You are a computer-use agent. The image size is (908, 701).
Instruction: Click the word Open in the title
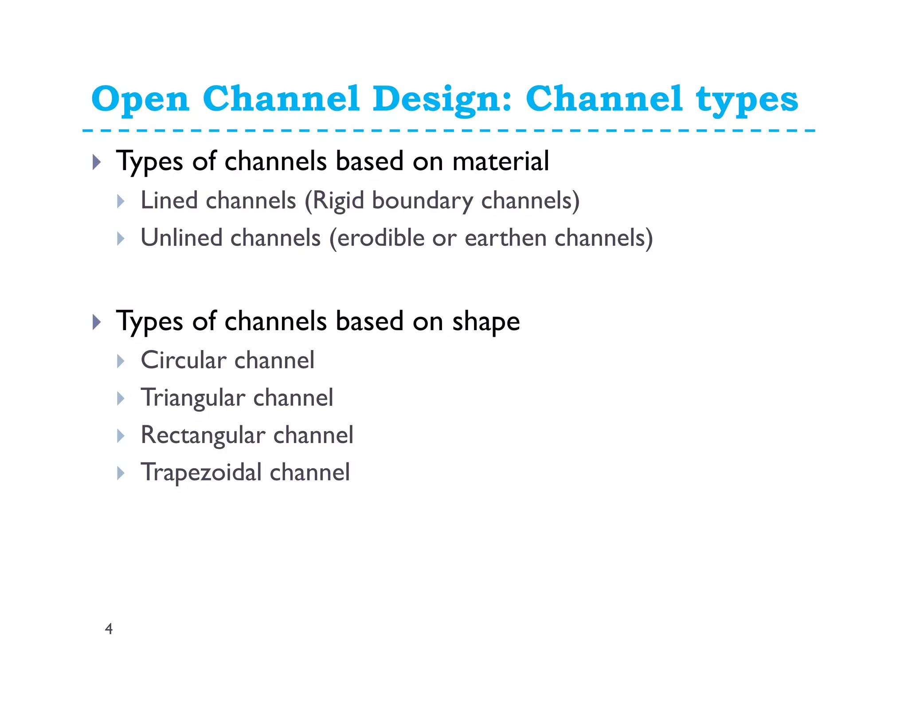click(140, 99)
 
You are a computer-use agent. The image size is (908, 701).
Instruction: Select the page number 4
click(109, 629)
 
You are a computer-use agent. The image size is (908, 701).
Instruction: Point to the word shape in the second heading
click(485, 322)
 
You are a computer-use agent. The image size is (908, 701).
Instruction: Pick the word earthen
click(505, 238)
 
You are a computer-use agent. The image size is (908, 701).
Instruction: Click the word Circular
click(183, 360)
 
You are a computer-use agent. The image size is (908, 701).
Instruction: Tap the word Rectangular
click(203, 435)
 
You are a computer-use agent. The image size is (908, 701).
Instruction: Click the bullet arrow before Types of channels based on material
click(97, 162)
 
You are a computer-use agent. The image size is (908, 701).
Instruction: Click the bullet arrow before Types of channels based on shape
click(97, 322)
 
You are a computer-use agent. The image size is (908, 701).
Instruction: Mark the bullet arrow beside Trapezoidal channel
click(121, 473)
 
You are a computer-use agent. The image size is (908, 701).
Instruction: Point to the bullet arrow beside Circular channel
click(121, 361)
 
